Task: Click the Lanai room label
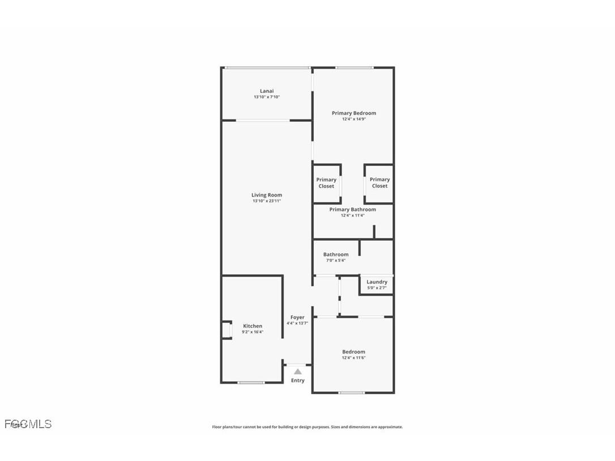click(x=267, y=91)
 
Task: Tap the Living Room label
click(x=267, y=195)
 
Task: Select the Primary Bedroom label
click(x=353, y=113)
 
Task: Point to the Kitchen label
click(x=253, y=326)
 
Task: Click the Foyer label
click(x=297, y=318)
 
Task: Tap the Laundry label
click(x=377, y=282)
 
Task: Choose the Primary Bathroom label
click(x=352, y=210)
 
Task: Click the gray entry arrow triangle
click(x=298, y=372)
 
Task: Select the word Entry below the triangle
click(x=298, y=381)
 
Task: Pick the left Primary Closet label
click(x=326, y=183)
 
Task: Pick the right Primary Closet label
click(x=379, y=183)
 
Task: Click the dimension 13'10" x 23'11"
click(x=267, y=201)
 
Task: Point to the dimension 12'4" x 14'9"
click(x=353, y=119)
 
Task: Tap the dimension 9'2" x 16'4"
click(x=253, y=332)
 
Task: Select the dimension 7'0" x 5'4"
click(x=336, y=261)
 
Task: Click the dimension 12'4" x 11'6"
click(x=353, y=358)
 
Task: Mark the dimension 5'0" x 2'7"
click(x=377, y=288)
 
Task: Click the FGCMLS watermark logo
click(x=28, y=424)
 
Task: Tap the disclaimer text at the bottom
click(x=308, y=427)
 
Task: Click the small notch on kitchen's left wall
click(x=227, y=330)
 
